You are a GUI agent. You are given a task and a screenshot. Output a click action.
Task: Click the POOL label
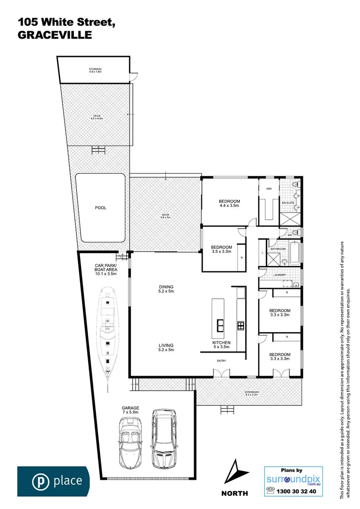click(100, 207)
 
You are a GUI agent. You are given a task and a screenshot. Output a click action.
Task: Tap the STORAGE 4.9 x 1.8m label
click(96, 71)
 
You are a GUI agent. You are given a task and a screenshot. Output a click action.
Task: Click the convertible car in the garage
click(129, 442)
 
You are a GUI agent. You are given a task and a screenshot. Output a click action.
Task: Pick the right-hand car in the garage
click(164, 438)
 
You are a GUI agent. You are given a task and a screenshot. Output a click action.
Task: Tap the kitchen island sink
click(220, 325)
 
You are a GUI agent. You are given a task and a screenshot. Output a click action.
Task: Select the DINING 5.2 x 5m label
click(166, 289)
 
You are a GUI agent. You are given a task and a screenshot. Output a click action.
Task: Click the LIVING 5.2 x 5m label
click(166, 347)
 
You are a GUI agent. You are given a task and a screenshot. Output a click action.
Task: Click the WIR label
click(269, 189)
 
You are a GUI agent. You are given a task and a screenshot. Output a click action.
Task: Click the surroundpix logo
click(293, 480)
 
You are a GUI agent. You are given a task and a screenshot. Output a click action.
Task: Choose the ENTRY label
click(221, 361)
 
